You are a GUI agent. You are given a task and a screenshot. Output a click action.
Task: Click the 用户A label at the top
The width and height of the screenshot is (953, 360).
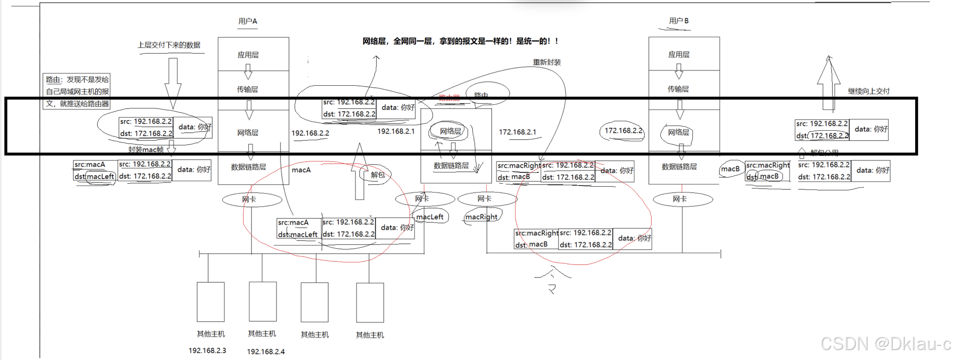[x=248, y=21]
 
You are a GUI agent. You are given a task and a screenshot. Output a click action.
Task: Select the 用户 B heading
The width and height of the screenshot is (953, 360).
[x=678, y=21]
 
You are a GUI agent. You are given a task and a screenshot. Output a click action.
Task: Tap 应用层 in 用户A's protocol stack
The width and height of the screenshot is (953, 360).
[x=248, y=55]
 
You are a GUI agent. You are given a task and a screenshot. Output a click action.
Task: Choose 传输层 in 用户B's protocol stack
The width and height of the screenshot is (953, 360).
[x=678, y=89]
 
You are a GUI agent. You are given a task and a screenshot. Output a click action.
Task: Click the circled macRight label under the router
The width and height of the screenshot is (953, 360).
[x=481, y=217]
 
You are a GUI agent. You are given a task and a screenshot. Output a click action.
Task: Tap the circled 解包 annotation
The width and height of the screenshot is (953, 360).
[x=378, y=175]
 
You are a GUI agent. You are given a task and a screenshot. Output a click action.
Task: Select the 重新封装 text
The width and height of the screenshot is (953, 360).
[x=547, y=62]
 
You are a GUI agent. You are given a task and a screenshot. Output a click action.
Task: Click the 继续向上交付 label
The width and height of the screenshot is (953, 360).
[x=869, y=91]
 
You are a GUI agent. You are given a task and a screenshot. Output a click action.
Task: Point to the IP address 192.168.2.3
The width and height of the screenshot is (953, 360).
[x=207, y=351]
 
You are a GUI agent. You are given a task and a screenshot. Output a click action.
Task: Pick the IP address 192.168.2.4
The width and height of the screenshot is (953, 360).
[x=266, y=351]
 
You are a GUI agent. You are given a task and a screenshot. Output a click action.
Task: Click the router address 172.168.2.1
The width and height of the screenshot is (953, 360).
[x=517, y=132]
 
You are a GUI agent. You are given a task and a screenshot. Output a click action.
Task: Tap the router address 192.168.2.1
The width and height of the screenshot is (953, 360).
[x=396, y=131]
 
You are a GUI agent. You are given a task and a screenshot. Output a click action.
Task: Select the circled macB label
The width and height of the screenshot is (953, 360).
[x=730, y=169]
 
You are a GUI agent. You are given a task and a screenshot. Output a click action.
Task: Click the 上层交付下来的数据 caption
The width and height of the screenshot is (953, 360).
[x=169, y=45]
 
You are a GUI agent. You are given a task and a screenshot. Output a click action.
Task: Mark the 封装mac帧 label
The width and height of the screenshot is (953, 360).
[x=146, y=150]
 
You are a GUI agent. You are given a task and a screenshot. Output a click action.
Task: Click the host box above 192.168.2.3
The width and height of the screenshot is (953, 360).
[x=210, y=302]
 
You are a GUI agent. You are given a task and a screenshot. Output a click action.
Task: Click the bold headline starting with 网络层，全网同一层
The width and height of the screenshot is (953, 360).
[x=460, y=41]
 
